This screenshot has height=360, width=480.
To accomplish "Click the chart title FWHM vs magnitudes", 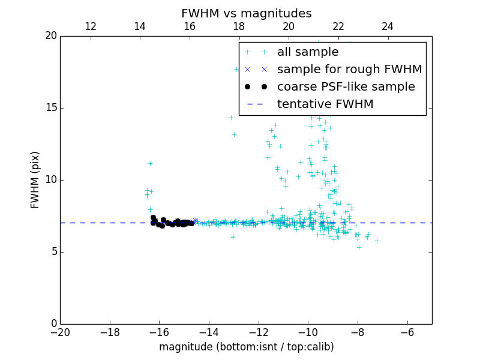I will [x=246, y=13].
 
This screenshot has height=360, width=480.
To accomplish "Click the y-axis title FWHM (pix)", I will [x=35, y=180].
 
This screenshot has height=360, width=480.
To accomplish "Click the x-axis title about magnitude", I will [x=246, y=347].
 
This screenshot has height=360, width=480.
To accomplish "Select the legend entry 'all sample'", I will [x=308, y=52].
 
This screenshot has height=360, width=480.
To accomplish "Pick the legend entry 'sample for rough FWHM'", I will [x=349, y=70].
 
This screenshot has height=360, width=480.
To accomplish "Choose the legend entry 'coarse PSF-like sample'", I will [x=346, y=87].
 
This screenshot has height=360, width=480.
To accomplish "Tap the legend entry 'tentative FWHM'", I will [x=325, y=104].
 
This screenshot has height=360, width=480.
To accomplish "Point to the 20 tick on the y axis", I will [x=50, y=36].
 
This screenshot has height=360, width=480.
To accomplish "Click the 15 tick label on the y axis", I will [x=50, y=108].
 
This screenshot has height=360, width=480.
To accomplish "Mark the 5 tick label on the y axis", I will [x=53, y=252].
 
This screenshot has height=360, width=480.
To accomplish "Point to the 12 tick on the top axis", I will [x=91, y=26].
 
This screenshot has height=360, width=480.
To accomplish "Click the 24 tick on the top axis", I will [x=388, y=26].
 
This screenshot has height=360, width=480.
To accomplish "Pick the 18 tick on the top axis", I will [x=239, y=26].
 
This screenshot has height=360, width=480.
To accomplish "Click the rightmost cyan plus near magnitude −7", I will [x=377, y=241].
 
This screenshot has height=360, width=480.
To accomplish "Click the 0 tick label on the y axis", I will [x=53, y=324].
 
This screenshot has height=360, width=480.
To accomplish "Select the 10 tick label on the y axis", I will [x=50, y=180].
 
